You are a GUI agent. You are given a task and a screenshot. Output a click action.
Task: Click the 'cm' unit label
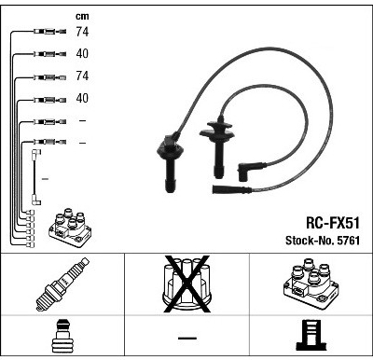[82, 17]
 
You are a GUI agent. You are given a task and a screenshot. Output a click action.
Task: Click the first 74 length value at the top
[82, 32]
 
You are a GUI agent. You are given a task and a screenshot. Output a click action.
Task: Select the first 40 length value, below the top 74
[82, 53]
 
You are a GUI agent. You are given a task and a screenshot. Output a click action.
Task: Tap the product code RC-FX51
[333, 223]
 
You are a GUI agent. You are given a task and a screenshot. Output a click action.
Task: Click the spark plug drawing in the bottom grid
[62, 284]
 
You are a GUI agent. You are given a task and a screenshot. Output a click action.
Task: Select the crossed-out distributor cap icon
[187, 284]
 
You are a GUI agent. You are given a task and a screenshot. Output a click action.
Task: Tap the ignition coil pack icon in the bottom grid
[311, 284]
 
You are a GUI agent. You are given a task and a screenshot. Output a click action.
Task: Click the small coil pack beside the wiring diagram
[70, 228]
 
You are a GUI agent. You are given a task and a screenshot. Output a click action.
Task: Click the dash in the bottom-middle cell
[187, 338]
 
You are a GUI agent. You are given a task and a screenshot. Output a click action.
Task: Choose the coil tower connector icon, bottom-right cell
[311, 336]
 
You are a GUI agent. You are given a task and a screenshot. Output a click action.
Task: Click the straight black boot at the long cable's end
[231, 189]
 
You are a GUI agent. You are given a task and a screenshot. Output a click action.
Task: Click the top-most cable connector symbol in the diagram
[49, 31]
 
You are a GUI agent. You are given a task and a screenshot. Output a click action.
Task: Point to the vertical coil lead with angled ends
[35, 177]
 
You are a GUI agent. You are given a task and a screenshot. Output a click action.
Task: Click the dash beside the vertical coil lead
[45, 179]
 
